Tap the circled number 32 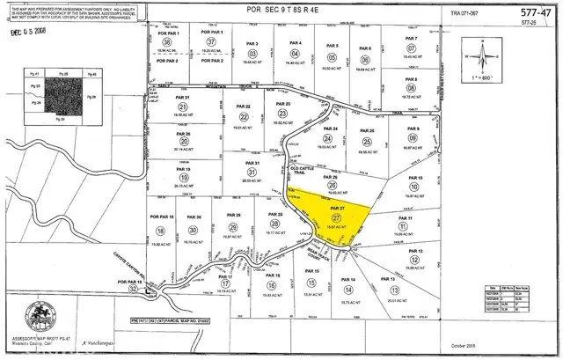click(133, 288)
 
